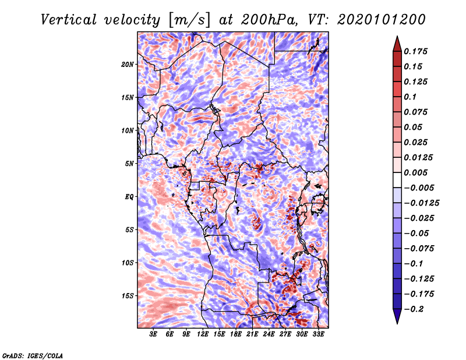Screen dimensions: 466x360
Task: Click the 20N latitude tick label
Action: [x=128, y=65]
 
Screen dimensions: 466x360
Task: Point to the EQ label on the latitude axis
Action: [x=129, y=197]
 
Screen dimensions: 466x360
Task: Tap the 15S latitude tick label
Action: [x=128, y=296]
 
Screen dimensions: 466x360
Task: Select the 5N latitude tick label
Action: [x=129, y=164]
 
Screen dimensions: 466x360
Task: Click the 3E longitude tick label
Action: [x=153, y=334]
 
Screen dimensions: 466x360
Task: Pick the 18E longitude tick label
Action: [x=236, y=334]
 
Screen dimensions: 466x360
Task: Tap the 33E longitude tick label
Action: [x=318, y=334]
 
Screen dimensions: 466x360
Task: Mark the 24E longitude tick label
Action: [x=269, y=334]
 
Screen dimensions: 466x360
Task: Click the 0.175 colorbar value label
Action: [x=416, y=51]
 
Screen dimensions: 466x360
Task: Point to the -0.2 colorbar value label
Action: [x=414, y=309]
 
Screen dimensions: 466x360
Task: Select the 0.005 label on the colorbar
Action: [x=416, y=172]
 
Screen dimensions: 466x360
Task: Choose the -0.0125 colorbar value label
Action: [x=421, y=203]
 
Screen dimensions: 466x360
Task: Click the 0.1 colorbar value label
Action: [x=410, y=97]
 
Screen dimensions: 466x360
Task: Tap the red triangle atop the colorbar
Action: [x=397, y=44]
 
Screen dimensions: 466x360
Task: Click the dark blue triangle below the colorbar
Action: [x=397, y=316]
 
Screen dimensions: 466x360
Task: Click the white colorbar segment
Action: [x=397, y=180]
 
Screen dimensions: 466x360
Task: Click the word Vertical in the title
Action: [x=69, y=20]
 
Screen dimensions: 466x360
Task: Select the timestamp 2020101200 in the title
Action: [x=382, y=20]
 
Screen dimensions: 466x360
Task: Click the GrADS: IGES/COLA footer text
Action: [x=33, y=355]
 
